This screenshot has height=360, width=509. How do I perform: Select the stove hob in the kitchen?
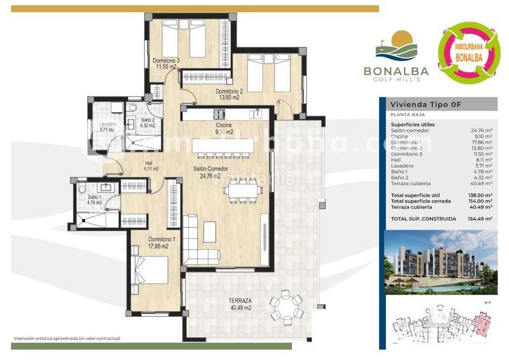click(x=220, y=114)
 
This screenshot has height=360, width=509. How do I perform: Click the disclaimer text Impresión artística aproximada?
click(x=67, y=339)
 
